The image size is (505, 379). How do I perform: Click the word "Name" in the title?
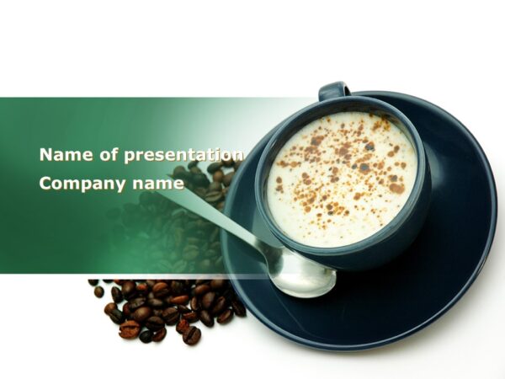point(61,155)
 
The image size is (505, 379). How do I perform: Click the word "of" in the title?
point(104,155)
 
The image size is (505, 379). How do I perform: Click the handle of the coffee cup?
point(333,90)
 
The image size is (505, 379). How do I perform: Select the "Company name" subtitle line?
point(111,184)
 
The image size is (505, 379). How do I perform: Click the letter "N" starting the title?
point(45,155)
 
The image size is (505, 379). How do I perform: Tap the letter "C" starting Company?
point(45,184)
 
